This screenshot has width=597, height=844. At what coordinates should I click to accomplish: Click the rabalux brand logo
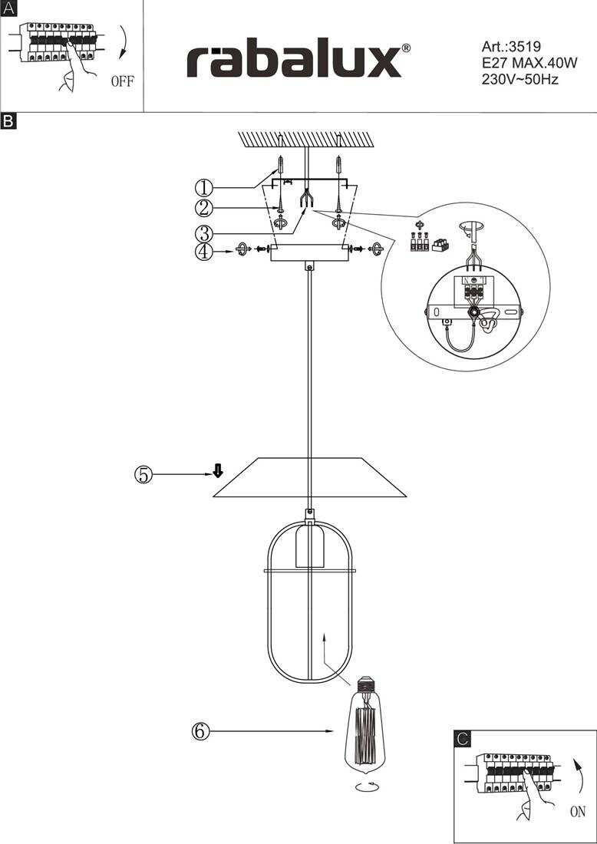point(298,61)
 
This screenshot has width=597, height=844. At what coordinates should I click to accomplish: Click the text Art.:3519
point(511,46)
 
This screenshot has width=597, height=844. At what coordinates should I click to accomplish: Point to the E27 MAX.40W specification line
point(529,63)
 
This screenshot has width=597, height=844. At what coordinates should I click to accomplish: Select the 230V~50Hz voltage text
point(520,80)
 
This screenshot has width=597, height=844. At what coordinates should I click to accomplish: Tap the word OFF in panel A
point(123,82)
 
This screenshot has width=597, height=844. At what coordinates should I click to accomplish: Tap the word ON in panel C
point(578,813)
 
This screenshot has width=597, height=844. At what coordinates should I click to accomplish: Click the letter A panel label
point(9,8)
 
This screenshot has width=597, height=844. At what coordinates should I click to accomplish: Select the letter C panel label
point(462,739)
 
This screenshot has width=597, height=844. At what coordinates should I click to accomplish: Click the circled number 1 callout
point(204,187)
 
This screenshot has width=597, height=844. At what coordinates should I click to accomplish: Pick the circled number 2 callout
point(204,208)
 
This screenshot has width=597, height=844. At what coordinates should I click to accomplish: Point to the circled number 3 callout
point(204,233)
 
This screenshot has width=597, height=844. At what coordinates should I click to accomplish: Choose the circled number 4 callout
point(204,252)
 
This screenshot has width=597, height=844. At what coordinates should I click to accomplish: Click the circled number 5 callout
point(143,475)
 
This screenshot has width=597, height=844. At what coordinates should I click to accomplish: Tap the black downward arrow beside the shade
point(217,471)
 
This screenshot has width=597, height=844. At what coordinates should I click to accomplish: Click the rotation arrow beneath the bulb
point(367,786)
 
